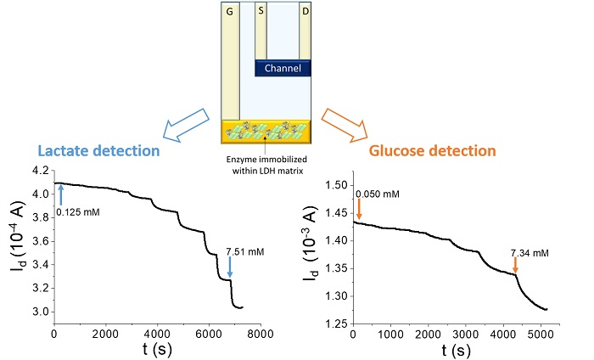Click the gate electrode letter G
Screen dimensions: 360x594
click(228, 12)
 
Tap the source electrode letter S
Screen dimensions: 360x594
click(261, 12)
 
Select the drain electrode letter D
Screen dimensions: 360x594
click(305, 12)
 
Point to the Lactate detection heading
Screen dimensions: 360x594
click(98, 150)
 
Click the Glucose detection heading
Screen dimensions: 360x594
click(444, 150)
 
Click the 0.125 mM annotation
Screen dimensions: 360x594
click(78, 211)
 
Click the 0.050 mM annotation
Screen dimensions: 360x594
click(378, 195)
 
